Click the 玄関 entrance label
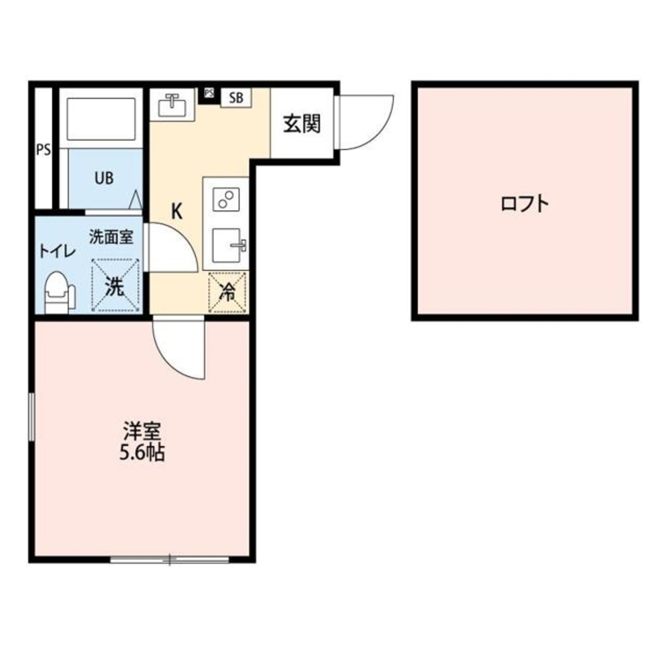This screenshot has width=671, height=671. tap(301, 124)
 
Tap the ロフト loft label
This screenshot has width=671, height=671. tap(525, 203)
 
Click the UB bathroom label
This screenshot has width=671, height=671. tap(103, 178)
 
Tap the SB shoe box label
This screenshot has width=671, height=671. tap(235, 97)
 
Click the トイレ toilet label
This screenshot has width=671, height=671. tap(56, 251)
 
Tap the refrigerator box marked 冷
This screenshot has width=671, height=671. tap(228, 293)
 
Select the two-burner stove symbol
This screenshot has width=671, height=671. tap(225, 199)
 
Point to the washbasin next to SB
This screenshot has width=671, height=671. tap(172, 105)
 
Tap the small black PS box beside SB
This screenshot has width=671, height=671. tap(209, 93)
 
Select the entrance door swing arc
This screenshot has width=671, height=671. tap(368, 122)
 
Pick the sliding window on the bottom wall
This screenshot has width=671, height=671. tap(170, 558)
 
